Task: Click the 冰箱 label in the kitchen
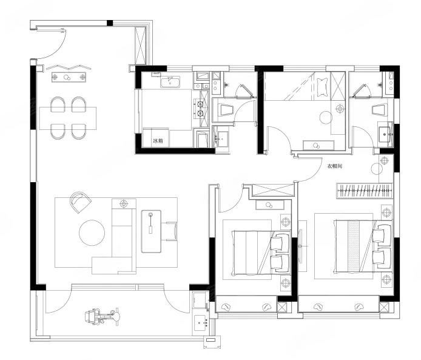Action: click(158, 141)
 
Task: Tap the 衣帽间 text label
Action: click(334, 166)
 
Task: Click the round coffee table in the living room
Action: click(92, 233)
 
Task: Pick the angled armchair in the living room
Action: click(80, 202)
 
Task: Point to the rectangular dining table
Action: click(68, 118)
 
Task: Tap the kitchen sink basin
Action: click(170, 82)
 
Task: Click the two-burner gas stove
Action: click(200, 108)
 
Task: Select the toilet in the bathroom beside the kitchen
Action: click(227, 110)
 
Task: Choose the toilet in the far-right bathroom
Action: click(379, 110)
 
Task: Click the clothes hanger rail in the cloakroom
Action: click(364, 191)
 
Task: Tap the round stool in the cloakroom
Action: click(377, 169)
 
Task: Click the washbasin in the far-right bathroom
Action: click(386, 134)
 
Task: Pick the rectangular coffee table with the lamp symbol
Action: click(151, 231)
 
